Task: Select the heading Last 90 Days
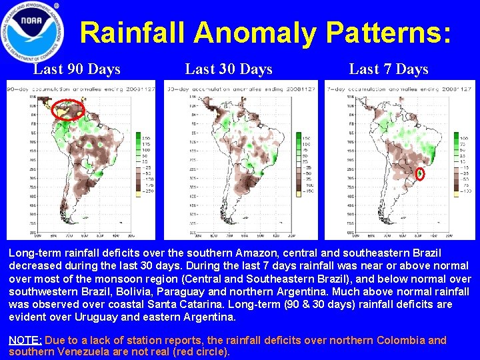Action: (77, 69)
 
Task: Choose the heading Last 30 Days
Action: (229, 69)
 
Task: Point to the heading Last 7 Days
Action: (389, 69)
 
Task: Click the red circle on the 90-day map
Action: (68, 108)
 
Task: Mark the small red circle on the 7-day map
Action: (421, 174)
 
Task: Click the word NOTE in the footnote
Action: (25, 340)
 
